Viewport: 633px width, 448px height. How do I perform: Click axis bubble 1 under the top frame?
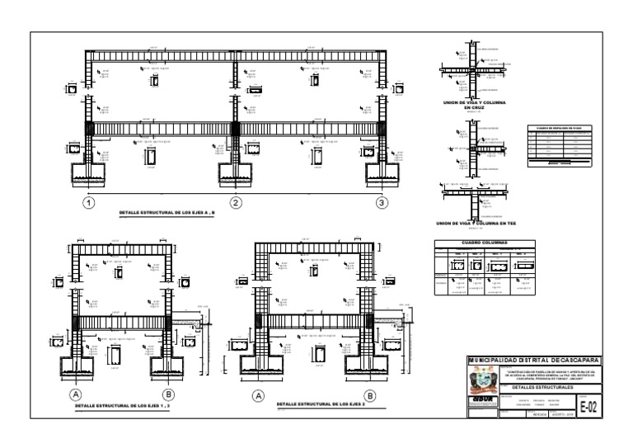point(88,203)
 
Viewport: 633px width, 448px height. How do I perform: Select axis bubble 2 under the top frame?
point(236,203)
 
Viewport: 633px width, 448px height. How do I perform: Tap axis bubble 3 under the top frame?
point(382,203)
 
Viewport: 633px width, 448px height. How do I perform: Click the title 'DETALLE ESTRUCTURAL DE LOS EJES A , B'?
point(166,214)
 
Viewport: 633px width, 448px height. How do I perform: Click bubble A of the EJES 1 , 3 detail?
point(75,394)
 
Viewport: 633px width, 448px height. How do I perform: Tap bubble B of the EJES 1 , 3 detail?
point(168,394)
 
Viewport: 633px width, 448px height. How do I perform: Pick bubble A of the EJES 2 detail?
point(258,395)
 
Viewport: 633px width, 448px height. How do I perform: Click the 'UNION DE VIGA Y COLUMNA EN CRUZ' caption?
point(474,105)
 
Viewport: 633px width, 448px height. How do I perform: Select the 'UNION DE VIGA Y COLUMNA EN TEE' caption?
point(476,223)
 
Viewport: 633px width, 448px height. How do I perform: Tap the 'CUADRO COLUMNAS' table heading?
point(484,243)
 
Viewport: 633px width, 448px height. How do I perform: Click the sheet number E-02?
point(588,406)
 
